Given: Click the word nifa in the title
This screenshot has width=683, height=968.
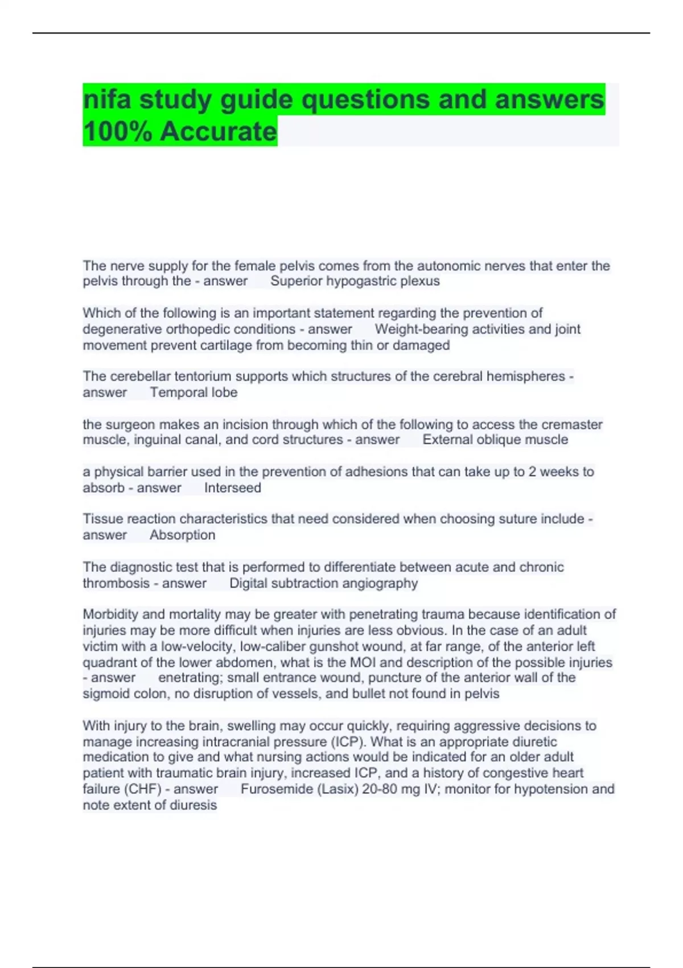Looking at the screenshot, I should pyautogui.click(x=107, y=100).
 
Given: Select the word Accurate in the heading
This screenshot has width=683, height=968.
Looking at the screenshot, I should pyautogui.click(x=219, y=132).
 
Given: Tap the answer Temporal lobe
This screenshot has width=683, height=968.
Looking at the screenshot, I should pyautogui.click(x=194, y=392).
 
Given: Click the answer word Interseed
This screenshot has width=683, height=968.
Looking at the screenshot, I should pyautogui.click(x=232, y=488).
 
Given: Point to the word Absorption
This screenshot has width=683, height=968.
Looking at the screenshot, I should pyautogui.click(x=182, y=535).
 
